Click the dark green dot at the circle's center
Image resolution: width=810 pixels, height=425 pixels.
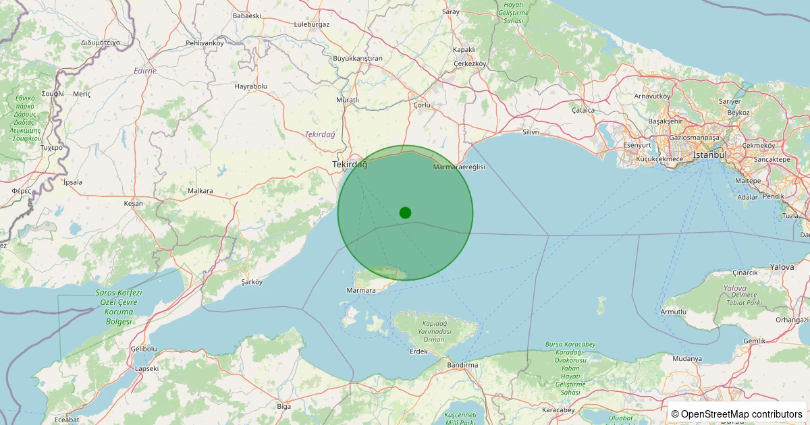(405, 213)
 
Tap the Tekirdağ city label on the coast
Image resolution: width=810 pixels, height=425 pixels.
(350, 165)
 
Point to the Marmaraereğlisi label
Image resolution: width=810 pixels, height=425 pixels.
(459, 166)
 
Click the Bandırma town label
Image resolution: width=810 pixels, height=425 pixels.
(462, 365)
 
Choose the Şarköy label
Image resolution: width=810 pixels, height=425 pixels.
(251, 282)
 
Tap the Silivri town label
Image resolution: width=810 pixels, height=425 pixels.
(531, 132)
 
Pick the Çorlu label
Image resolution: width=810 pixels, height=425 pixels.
(421, 105)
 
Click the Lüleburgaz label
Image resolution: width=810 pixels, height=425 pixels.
(312, 24)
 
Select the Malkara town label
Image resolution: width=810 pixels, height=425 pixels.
(200, 191)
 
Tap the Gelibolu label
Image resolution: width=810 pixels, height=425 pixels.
(143, 349)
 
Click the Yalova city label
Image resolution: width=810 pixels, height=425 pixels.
(782, 267)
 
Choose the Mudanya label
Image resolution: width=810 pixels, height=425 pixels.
(687, 358)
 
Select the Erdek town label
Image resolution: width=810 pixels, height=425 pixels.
(418, 351)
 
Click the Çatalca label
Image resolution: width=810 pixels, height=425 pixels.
(583, 109)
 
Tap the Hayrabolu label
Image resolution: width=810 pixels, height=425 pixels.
(251, 86)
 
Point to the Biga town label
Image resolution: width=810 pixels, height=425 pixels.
(283, 406)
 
